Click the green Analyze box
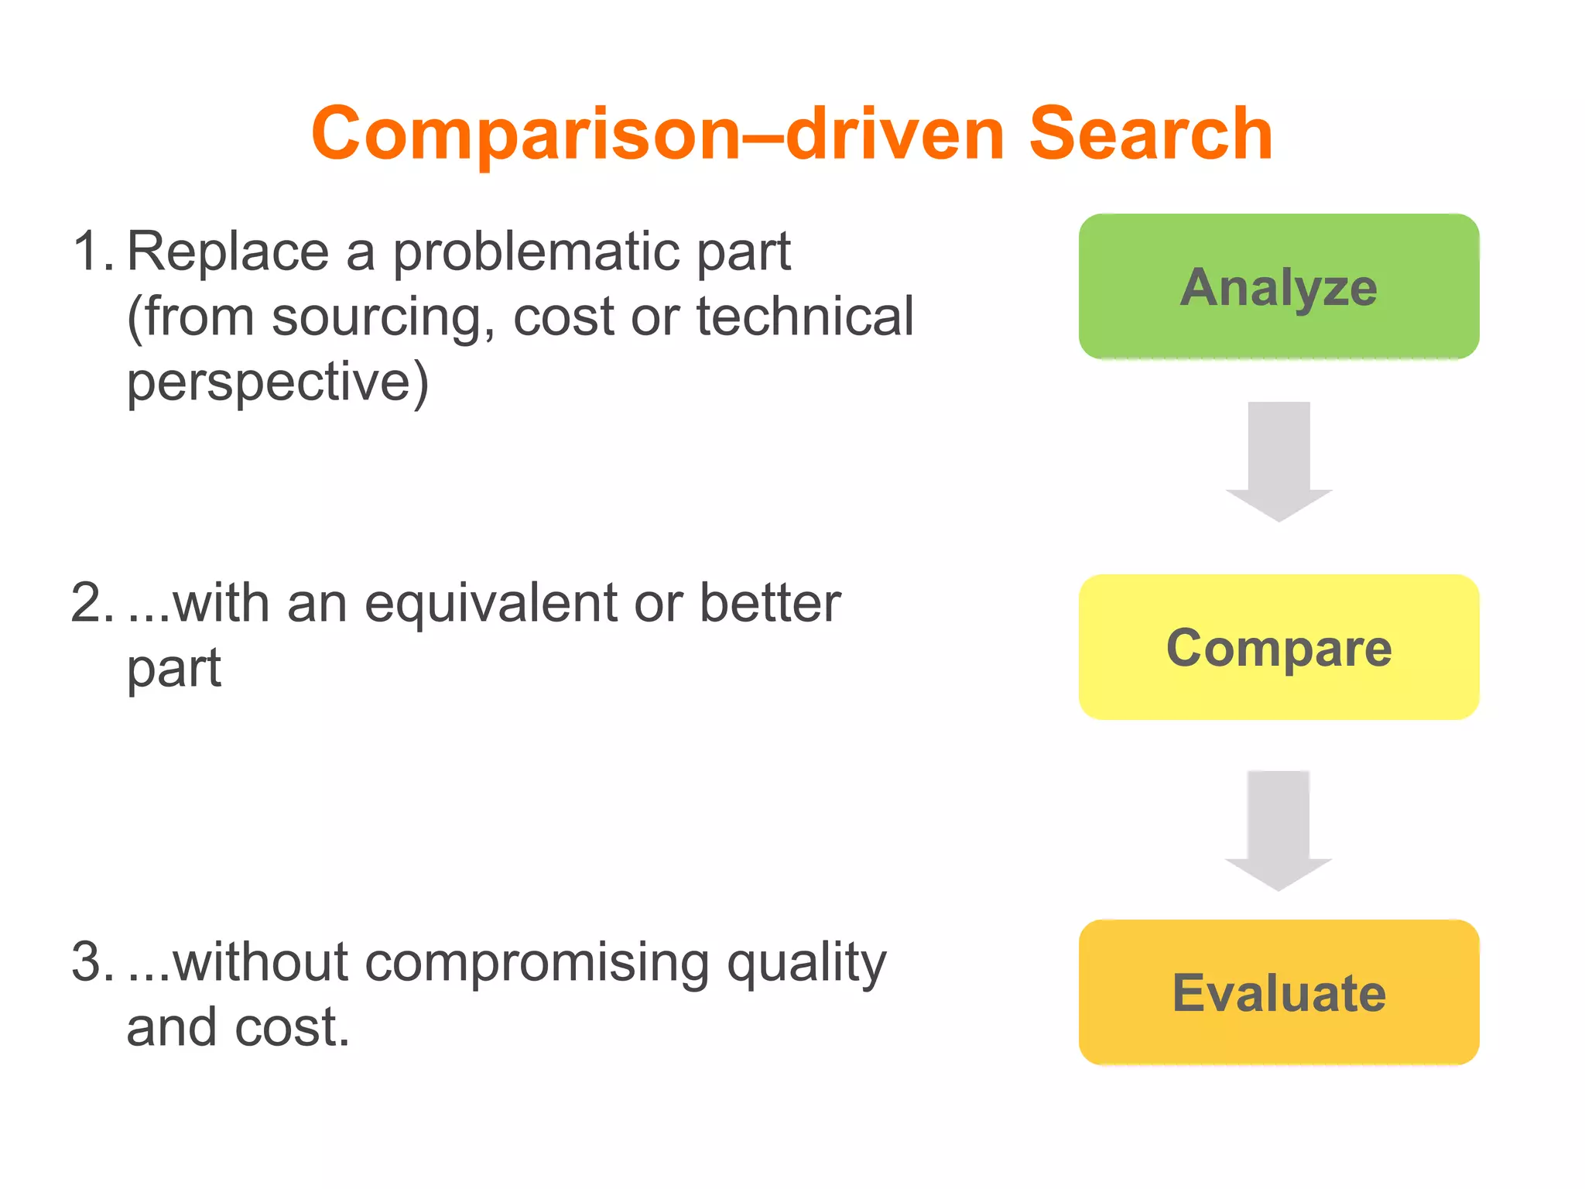[1279, 286]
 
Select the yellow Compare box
[1279, 647]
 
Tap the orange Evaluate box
[1279, 992]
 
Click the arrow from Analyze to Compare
[1279, 461]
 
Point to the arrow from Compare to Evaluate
[1279, 830]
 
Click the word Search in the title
[1150, 135]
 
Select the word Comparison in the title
[526, 135]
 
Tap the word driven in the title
[895, 135]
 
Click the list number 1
[91, 252]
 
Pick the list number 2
[91, 603]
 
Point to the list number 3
[91, 962]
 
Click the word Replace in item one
[228, 252]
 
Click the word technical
[805, 317]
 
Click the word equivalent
[491, 605]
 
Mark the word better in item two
[770, 603]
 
